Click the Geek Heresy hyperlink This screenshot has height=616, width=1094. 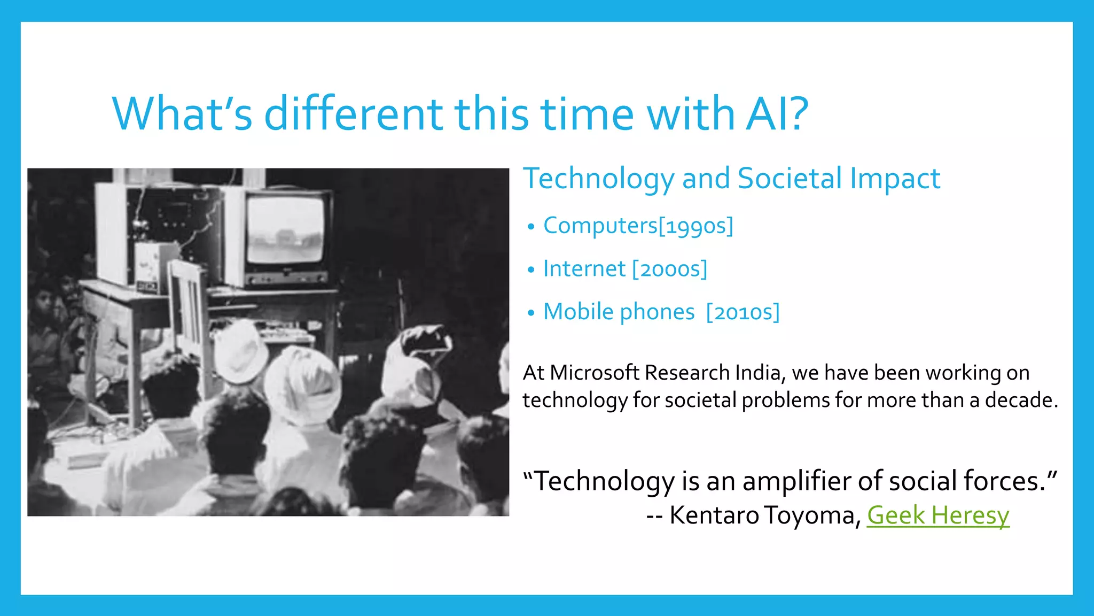click(x=937, y=515)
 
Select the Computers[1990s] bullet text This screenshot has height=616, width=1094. click(x=638, y=226)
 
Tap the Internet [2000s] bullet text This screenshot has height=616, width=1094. click(x=625, y=269)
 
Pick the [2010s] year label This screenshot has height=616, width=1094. click(x=743, y=312)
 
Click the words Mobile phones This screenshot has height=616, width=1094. click(x=619, y=312)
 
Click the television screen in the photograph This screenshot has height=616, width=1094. click(x=285, y=228)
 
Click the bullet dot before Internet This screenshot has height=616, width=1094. click(x=530, y=269)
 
